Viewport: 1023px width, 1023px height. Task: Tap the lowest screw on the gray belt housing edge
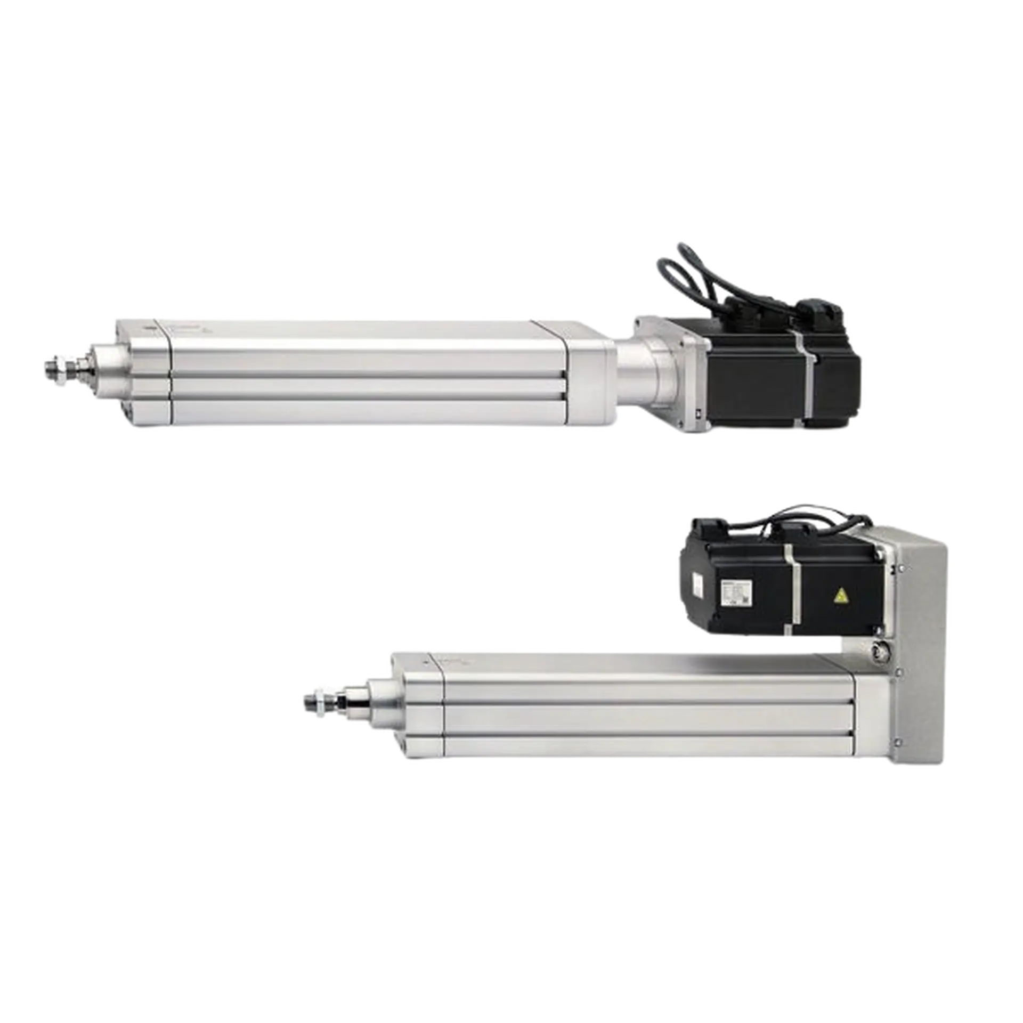tap(899, 741)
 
